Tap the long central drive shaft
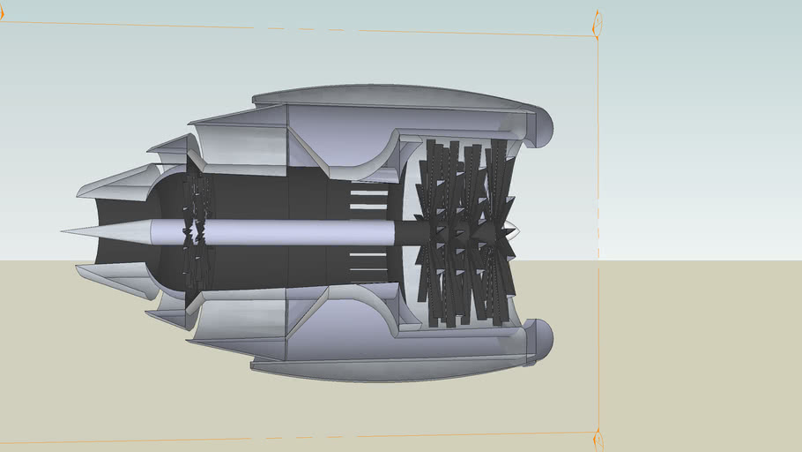pyautogui.click(x=273, y=232)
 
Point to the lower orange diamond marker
pyautogui.click(x=598, y=438)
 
